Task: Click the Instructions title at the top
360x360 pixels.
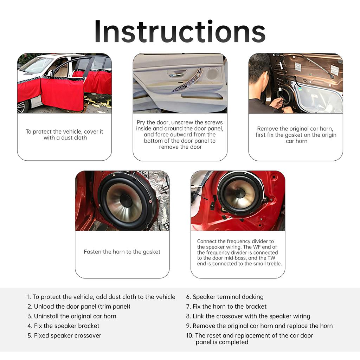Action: (x=180, y=32)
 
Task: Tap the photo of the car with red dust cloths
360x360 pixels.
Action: (x=64, y=83)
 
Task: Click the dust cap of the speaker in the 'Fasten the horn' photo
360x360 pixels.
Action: (x=126, y=201)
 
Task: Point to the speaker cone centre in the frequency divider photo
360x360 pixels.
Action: (x=240, y=193)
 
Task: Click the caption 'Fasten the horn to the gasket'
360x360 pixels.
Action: (x=122, y=252)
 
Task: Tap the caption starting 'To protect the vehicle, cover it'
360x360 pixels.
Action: (x=64, y=135)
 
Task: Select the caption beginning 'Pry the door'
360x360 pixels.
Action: (x=180, y=135)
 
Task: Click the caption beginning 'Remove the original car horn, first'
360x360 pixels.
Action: (x=296, y=135)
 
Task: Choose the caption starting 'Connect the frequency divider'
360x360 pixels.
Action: (x=239, y=252)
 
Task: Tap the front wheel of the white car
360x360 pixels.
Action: (x=22, y=107)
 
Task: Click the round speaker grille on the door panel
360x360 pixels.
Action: (x=212, y=74)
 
